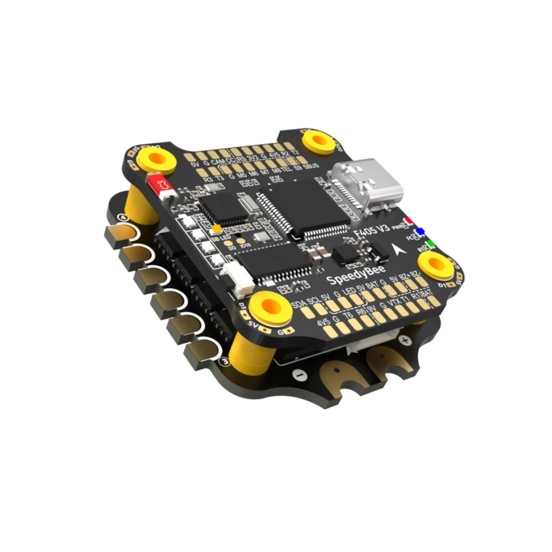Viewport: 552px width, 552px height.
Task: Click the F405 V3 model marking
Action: click(371, 231)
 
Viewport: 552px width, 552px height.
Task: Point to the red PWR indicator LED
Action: click(408, 221)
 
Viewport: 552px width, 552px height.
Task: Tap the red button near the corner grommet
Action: click(160, 185)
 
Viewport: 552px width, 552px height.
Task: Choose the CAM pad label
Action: click(217, 161)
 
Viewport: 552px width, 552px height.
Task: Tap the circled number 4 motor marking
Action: click(124, 218)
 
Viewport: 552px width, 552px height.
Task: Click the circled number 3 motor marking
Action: click(225, 361)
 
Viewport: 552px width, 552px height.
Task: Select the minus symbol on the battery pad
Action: click(301, 375)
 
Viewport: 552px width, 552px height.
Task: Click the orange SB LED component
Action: click(216, 229)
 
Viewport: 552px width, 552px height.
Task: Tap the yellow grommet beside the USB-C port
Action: click(319, 141)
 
